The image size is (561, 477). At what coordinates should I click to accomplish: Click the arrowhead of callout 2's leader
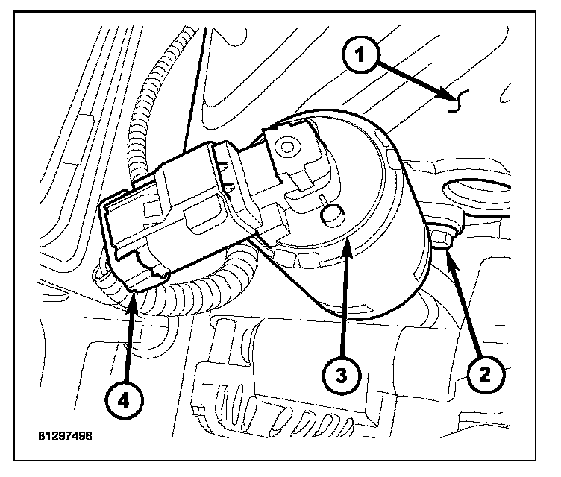(448, 254)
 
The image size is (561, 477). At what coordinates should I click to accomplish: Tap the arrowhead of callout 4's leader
(134, 297)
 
